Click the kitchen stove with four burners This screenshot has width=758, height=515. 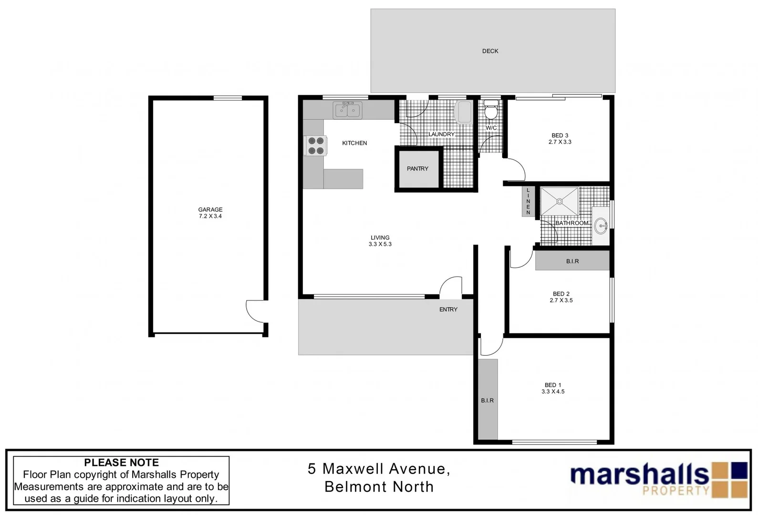(x=316, y=145)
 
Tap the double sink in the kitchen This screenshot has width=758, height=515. (x=348, y=110)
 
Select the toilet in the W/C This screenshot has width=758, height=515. (x=491, y=111)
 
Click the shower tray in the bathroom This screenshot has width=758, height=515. (x=559, y=201)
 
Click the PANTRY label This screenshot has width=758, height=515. (x=417, y=169)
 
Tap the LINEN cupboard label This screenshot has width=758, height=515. (x=528, y=201)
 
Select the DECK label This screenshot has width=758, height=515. (x=490, y=51)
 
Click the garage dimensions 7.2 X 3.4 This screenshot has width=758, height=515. (x=210, y=216)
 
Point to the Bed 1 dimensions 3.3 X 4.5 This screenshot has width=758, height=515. (x=553, y=391)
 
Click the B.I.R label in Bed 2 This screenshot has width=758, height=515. (x=572, y=261)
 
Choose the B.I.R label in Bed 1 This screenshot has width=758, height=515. (x=487, y=401)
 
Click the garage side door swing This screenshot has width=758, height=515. (x=256, y=310)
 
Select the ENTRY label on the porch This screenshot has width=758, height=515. (x=448, y=309)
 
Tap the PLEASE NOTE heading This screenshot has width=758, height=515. (x=121, y=463)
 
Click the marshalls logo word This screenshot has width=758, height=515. (x=639, y=475)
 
